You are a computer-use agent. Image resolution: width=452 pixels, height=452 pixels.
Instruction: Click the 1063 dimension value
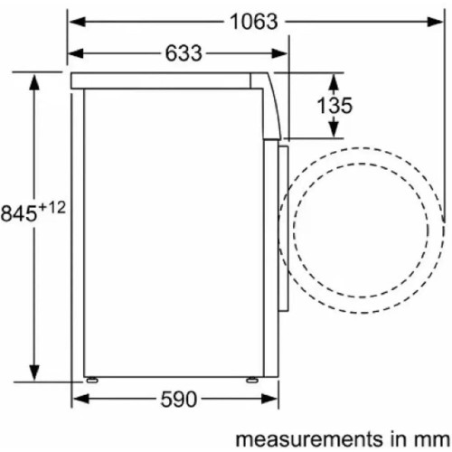[253, 22]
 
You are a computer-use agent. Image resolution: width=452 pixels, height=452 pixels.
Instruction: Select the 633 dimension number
[184, 53]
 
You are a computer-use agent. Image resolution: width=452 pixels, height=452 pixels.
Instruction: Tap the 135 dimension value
[334, 106]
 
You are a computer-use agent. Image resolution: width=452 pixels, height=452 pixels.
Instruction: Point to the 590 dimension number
[179, 400]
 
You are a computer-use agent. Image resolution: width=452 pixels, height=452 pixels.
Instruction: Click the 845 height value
[19, 213]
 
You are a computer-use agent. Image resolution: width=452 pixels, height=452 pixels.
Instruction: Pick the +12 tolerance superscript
[52, 208]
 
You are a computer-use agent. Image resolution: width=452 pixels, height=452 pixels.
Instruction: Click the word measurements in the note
[305, 439]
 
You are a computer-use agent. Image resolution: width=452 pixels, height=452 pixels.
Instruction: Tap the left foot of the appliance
[92, 380]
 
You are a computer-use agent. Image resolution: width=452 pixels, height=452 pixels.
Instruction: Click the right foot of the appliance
[252, 380]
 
